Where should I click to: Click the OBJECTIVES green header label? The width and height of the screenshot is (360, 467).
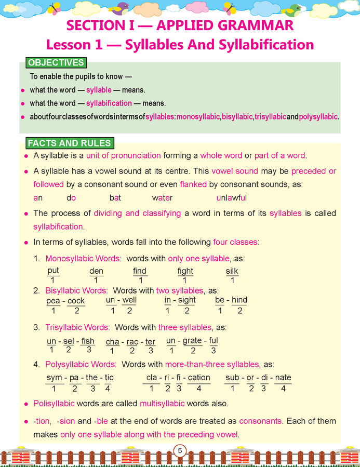click(56, 63)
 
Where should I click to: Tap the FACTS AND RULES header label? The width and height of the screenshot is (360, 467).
click(69, 143)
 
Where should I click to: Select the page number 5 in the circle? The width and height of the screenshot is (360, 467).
click(180, 451)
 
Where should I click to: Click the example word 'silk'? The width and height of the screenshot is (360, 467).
click(232, 271)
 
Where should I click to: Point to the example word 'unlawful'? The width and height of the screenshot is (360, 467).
click(231, 197)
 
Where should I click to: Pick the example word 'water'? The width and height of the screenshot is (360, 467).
click(162, 197)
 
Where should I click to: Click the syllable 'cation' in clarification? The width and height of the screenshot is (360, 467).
click(198, 378)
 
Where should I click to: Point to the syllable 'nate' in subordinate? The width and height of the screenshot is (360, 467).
click(283, 378)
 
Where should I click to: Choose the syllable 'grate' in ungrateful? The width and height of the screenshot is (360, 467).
click(192, 341)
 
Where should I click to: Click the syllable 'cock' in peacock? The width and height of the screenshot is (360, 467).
click(76, 301)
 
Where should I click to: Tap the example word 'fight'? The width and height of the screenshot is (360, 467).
click(185, 271)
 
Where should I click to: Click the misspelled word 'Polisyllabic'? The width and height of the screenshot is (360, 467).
click(54, 403)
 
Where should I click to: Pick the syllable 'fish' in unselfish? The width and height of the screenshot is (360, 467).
click(88, 341)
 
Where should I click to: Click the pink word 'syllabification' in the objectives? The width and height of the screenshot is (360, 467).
click(109, 103)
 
